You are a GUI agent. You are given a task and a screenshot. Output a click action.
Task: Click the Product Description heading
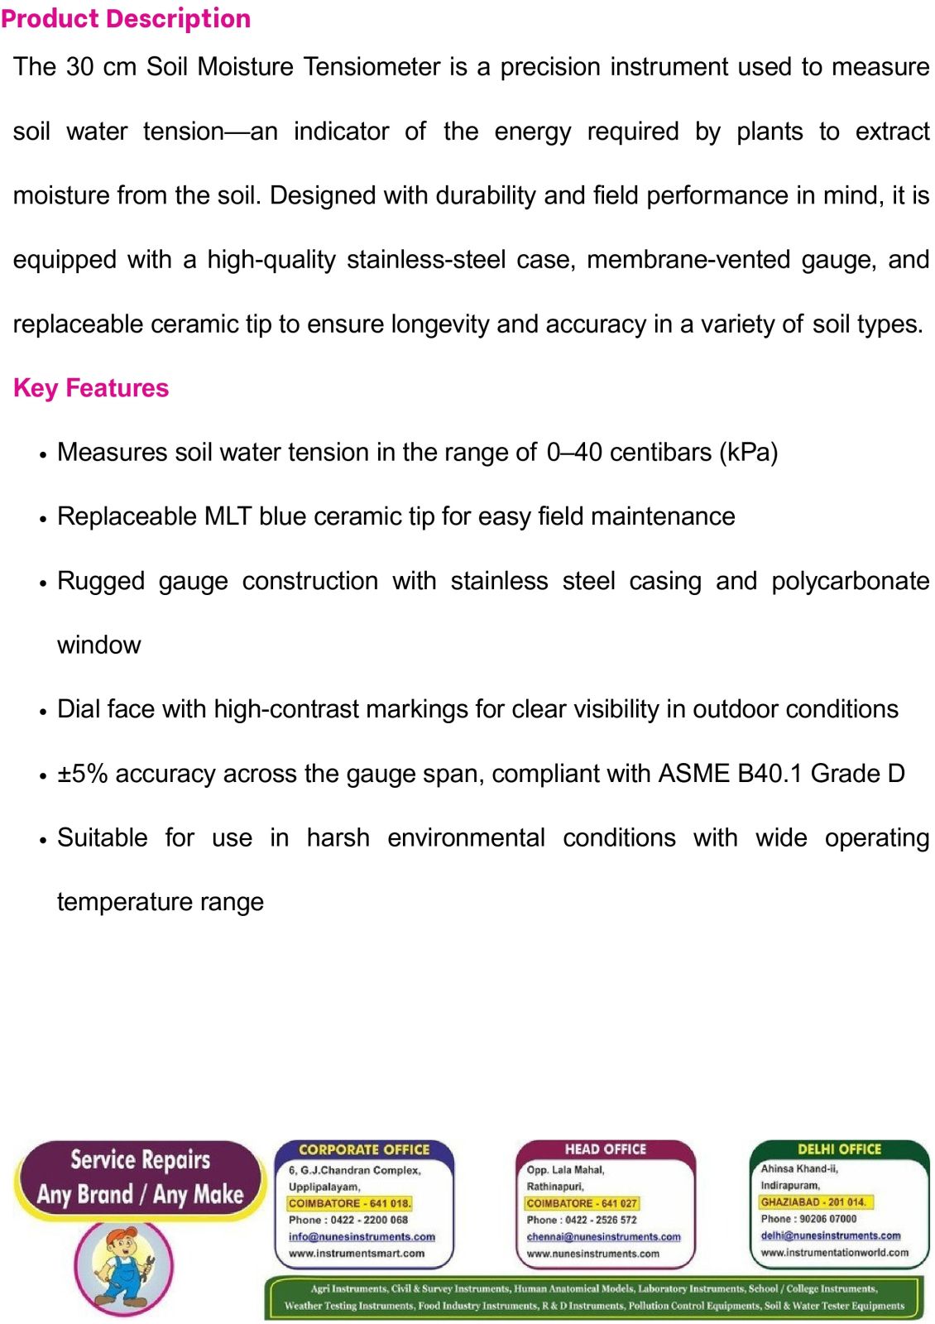click(x=126, y=18)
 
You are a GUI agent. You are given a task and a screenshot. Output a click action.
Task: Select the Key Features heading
click(x=91, y=388)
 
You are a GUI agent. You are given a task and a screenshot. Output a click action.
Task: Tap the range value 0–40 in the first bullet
click(x=573, y=452)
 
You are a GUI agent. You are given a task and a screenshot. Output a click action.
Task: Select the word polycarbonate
click(x=850, y=581)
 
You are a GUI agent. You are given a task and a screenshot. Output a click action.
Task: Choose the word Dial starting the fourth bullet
click(x=78, y=709)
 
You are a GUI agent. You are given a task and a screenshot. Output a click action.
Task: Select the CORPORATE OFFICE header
click(x=364, y=1149)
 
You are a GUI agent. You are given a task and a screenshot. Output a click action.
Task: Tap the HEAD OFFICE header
click(x=605, y=1149)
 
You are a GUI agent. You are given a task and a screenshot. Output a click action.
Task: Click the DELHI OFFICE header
click(x=839, y=1149)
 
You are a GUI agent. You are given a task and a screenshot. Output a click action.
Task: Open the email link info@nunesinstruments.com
click(x=362, y=1236)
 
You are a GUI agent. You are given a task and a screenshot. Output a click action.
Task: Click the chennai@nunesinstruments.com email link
click(x=603, y=1236)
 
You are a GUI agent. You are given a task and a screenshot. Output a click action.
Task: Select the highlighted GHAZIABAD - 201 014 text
click(x=813, y=1202)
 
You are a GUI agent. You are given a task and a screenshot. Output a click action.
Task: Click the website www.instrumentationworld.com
click(x=834, y=1252)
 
